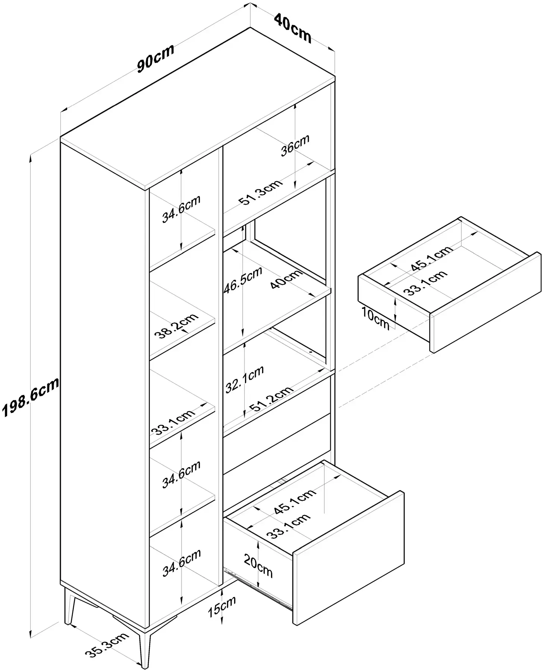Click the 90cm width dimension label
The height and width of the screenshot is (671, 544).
pos(155,59)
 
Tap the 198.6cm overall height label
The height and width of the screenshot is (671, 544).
pos(31,397)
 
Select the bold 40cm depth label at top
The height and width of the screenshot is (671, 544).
pos(293,28)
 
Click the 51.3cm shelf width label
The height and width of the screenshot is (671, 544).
pos(261,192)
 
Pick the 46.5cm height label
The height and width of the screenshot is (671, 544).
pos(243,280)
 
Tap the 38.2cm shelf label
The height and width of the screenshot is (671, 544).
pos(176,326)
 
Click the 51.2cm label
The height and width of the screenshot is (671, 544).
pos(271,399)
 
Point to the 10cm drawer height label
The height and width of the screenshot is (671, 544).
pos(375,318)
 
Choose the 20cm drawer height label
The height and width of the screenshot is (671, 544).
pos(258,565)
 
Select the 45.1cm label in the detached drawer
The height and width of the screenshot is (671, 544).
pos(432,258)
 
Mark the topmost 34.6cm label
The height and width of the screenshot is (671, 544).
pos(181,209)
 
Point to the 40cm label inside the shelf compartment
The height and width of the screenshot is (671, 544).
pos(286,279)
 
